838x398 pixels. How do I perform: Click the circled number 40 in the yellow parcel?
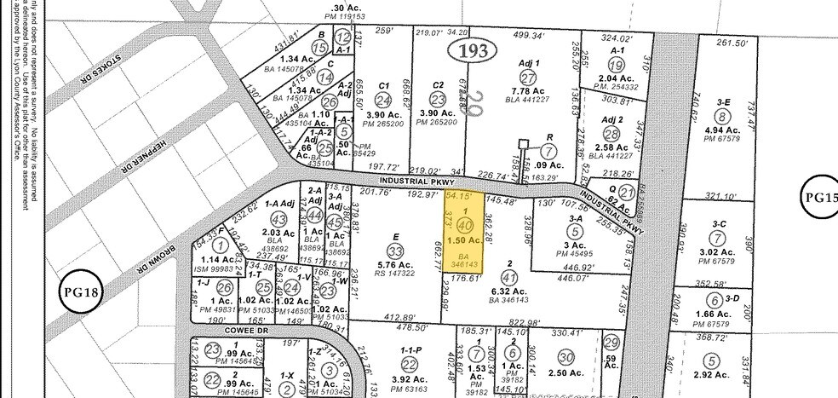click(x=465, y=226)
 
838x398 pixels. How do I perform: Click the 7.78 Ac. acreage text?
click(x=526, y=91)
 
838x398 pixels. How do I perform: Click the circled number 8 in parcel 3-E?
click(x=723, y=117)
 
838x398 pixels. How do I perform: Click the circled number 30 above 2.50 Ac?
click(x=565, y=358)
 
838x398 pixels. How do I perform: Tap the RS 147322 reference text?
click(x=394, y=274)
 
